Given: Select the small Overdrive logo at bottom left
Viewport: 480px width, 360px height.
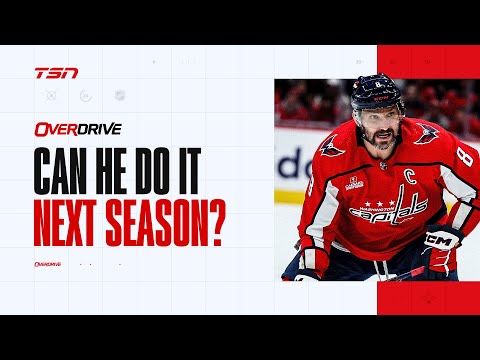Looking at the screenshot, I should [x=47, y=264].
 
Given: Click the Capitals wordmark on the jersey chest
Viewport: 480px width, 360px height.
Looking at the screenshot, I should [x=388, y=211].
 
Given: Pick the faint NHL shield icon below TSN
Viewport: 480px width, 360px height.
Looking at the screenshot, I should [x=119, y=95].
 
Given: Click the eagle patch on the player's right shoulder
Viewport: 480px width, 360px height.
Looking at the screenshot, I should [x=332, y=151].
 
